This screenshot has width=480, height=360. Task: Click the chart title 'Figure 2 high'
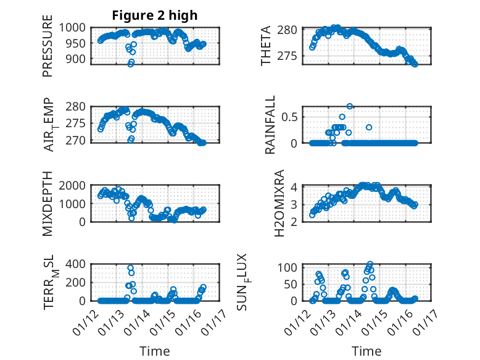(x=155, y=15)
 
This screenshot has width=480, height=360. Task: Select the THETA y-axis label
(x=266, y=46)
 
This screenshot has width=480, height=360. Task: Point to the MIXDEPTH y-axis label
(x=48, y=203)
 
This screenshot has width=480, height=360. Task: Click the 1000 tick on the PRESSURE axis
(x=76, y=27)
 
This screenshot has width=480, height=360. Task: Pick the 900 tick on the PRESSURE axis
(x=79, y=59)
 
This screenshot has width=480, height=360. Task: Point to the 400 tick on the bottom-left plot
(x=79, y=264)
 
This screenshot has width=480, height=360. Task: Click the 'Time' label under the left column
(x=155, y=351)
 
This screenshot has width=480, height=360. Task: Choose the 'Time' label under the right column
(x=366, y=351)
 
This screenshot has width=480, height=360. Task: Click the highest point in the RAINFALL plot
(x=350, y=106)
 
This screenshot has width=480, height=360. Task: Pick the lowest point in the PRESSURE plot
(x=130, y=64)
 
